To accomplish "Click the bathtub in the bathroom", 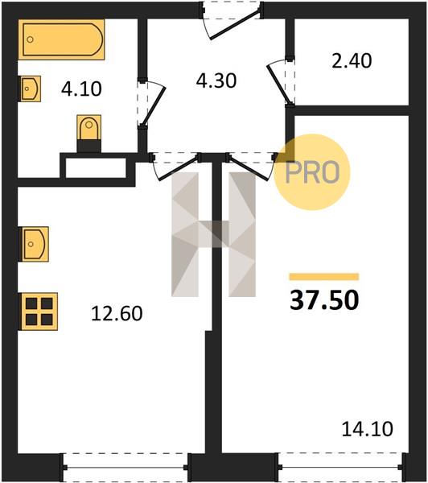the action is [x=61, y=39].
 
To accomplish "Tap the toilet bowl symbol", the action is [x=89, y=134].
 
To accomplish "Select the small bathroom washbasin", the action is [x=31, y=89].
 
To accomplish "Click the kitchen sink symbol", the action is [x=33, y=244].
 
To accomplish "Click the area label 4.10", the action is [x=81, y=89].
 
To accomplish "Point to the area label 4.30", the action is [x=216, y=80].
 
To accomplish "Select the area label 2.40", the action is [x=352, y=60].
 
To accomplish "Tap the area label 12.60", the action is [x=117, y=314].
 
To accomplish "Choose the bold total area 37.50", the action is [x=324, y=300].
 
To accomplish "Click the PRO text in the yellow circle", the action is [x=312, y=172].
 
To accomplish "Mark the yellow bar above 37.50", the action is [x=324, y=277].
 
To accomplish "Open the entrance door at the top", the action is [x=235, y=25].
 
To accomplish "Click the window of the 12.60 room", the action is [x=126, y=468].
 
